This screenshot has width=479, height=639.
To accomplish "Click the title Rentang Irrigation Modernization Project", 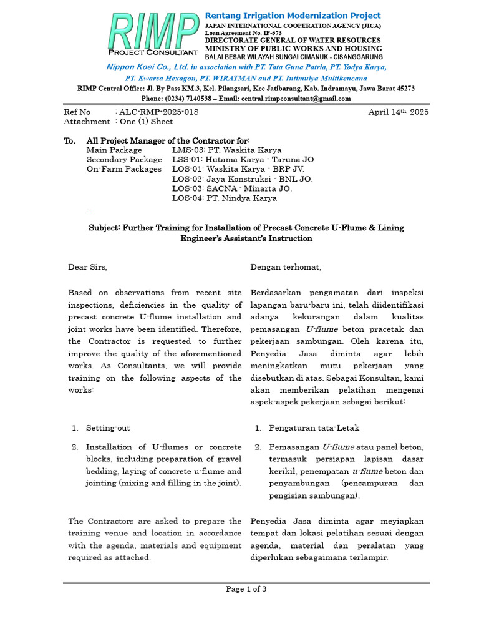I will click(293, 15).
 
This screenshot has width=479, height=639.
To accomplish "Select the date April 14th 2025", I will click(398, 112).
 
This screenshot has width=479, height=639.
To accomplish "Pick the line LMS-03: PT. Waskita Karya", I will click(226, 150).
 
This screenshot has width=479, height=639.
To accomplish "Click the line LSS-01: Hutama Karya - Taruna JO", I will click(243, 160).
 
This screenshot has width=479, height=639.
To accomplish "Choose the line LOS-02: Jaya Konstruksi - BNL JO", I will click(242, 179).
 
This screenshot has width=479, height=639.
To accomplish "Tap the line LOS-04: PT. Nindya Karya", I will click(224, 198).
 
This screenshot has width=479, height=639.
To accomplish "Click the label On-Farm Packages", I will click(119, 169).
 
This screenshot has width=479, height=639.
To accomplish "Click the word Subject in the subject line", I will click(104, 228).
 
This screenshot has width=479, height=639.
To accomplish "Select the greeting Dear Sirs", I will click(87, 267).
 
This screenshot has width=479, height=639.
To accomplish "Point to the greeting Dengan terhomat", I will click(286, 267).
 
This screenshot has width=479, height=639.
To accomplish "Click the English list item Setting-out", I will click(108, 428).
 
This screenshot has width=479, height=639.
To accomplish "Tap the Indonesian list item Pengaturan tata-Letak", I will click(314, 428).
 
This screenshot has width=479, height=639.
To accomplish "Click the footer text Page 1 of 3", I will click(246, 589).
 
